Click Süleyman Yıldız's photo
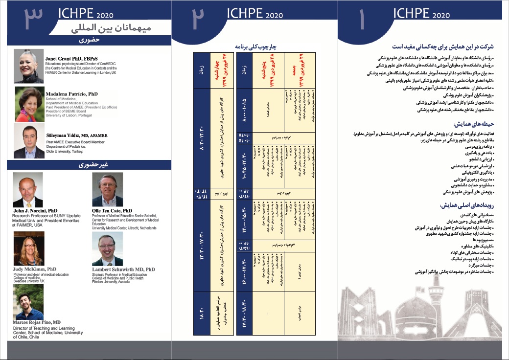(29, 141)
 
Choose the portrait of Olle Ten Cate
(107, 190)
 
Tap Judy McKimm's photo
(27, 248)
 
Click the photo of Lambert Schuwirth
(107, 248)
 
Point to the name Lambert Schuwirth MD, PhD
(123, 270)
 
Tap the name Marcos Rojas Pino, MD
(37, 323)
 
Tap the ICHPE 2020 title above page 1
(421, 15)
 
